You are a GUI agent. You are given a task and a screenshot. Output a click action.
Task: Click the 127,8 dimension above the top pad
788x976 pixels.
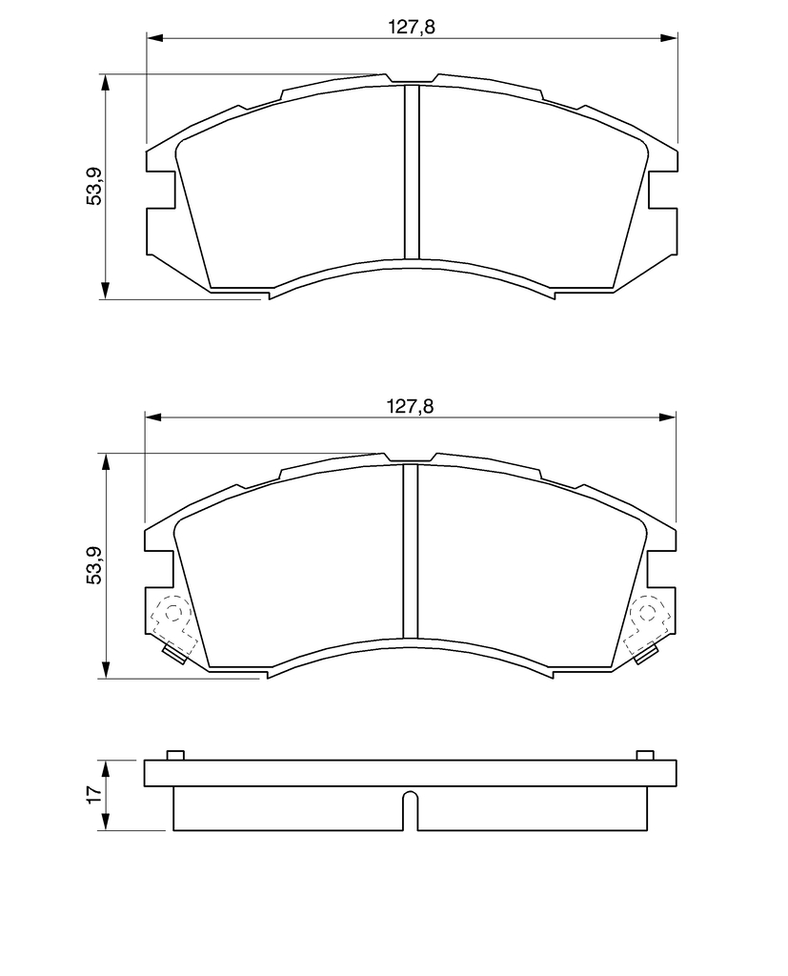click(412, 27)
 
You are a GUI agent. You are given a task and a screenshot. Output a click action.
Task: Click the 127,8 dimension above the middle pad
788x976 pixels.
click(410, 406)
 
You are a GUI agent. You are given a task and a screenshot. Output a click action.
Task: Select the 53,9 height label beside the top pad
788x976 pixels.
click(94, 187)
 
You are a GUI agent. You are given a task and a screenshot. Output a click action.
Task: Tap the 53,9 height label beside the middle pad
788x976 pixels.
click(94, 565)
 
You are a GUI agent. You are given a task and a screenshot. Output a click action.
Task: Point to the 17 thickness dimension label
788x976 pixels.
click(93, 795)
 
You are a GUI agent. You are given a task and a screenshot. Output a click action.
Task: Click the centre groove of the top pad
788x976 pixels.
click(412, 172)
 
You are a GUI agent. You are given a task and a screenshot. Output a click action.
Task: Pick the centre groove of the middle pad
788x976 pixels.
click(410, 552)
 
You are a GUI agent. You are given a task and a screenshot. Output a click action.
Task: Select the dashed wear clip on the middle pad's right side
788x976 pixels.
click(647, 625)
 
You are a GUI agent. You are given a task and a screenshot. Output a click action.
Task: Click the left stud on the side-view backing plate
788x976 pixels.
click(175, 755)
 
